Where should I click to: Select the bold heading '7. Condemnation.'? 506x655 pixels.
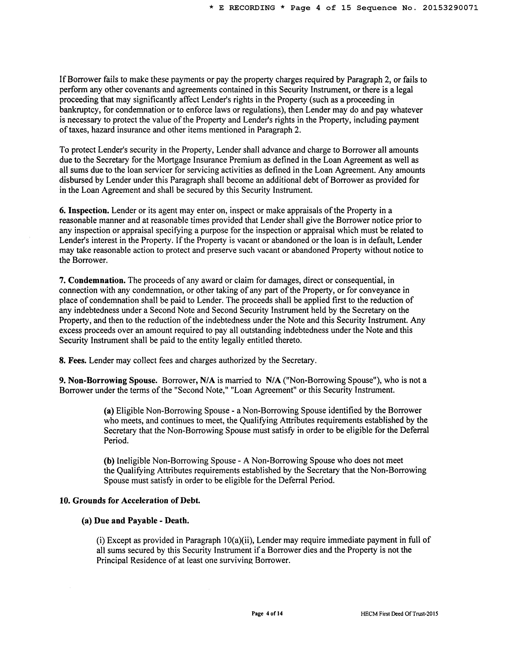pos(92,280)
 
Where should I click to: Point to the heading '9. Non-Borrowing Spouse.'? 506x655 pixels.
pos(108,380)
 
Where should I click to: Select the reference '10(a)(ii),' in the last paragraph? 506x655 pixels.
pos(239,540)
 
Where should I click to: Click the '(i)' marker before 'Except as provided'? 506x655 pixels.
pos(100,540)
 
